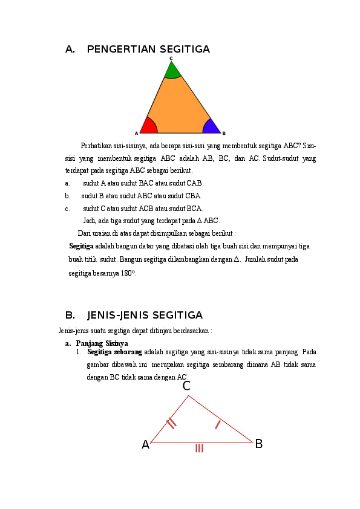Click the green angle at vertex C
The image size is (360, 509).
click(x=171, y=71)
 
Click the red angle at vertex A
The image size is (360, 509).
click(x=148, y=126)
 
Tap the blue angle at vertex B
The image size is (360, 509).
click(x=212, y=127)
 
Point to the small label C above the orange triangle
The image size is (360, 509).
click(x=171, y=58)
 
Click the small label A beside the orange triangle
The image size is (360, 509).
click(x=136, y=133)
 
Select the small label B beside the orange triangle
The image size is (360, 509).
click(x=224, y=133)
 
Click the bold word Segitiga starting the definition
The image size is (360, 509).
click(x=81, y=246)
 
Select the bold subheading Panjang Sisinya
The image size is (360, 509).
click(x=102, y=343)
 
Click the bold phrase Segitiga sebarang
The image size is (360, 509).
click(x=114, y=352)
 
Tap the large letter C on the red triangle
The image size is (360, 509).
click(x=186, y=386)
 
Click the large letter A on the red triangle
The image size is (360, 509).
click(x=145, y=445)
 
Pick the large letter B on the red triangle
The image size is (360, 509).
click(x=258, y=444)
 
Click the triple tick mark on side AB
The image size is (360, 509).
click(x=199, y=448)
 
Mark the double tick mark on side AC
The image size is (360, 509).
click(x=171, y=423)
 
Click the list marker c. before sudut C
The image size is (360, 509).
click(x=67, y=209)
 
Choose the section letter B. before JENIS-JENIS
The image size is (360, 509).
click(x=70, y=316)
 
